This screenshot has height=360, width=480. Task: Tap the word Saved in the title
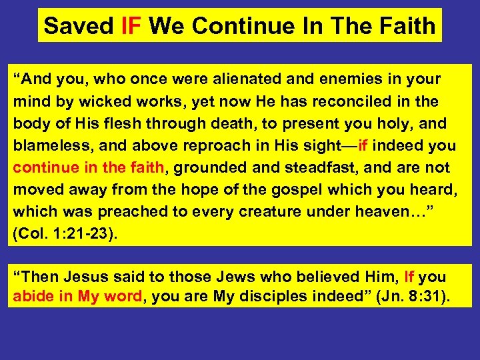coord(80,26)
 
